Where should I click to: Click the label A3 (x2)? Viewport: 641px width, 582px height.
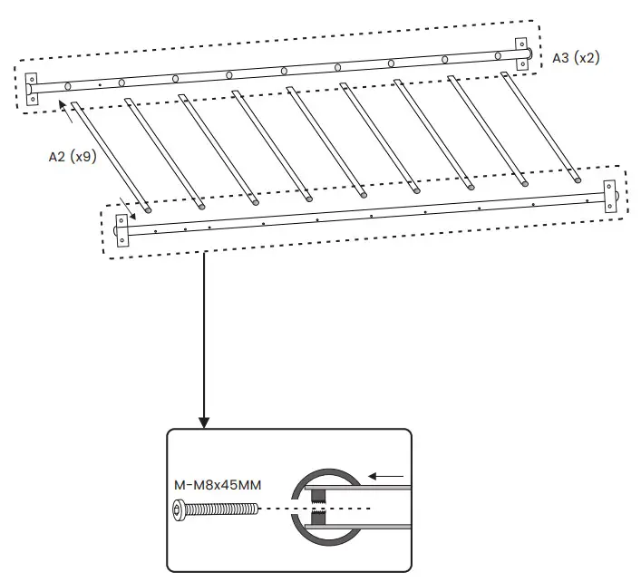click(576, 58)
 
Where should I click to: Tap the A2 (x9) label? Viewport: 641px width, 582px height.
click(72, 155)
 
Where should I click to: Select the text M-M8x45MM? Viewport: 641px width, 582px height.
click(218, 485)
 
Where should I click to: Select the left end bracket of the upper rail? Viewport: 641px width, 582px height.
click(32, 88)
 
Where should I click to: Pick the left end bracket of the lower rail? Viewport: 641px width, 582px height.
click(121, 230)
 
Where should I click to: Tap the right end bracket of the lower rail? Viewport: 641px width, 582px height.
click(609, 196)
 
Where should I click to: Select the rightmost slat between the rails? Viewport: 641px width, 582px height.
click(541, 127)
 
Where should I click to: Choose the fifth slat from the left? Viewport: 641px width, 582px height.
click(325, 141)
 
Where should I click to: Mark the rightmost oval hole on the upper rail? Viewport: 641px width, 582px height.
click(499, 56)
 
